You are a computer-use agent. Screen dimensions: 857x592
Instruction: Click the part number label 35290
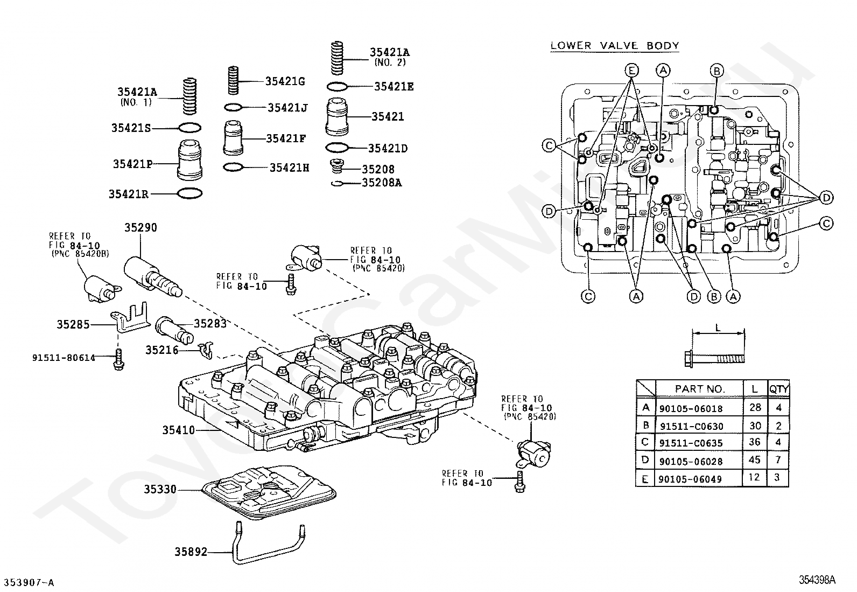(x=141, y=228)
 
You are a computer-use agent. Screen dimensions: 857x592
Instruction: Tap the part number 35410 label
(x=178, y=430)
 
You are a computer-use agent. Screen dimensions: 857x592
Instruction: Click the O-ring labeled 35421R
(x=190, y=193)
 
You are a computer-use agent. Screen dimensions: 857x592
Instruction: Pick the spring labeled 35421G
(x=233, y=80)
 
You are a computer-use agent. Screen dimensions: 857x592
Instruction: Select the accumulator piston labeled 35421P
(x=190, y=160)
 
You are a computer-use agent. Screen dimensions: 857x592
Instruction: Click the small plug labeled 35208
(x=336, y=166)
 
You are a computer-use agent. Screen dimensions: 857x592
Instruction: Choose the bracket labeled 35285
(x=130, y=318)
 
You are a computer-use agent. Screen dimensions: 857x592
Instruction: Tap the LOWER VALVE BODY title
(x=614, y=46)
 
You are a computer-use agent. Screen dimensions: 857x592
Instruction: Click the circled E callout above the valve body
(x=631, y=71)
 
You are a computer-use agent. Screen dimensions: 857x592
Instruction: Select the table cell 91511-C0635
(x=691, y=443)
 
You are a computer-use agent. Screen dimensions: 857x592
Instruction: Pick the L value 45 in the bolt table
(x=755, y=459)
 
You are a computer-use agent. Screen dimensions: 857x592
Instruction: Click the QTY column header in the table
(x=778, y=389)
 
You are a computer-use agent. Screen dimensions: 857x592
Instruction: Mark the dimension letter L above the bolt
(x=718, y=328)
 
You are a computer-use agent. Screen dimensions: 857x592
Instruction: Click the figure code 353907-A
(x=29, y=582)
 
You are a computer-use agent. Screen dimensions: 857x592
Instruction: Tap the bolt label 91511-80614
(x=64, y=358)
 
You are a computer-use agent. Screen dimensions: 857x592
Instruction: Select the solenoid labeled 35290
(x=152, y=277)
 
